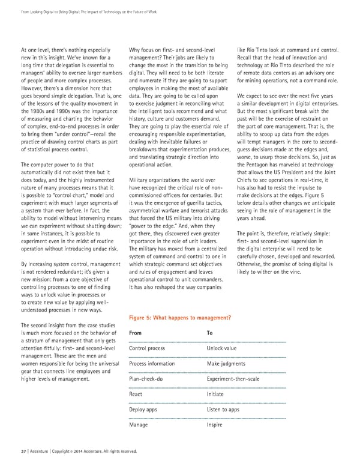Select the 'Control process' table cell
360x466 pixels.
tap(147, 348)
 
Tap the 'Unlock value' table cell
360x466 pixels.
tap(222, 348)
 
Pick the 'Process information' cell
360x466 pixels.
tap(152, 363)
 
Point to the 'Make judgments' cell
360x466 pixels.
tap(225, 363)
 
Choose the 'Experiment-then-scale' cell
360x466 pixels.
tap(232, 379)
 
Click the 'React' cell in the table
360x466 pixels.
tap(136, 395)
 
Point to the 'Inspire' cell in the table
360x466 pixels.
tap(214, 425)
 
